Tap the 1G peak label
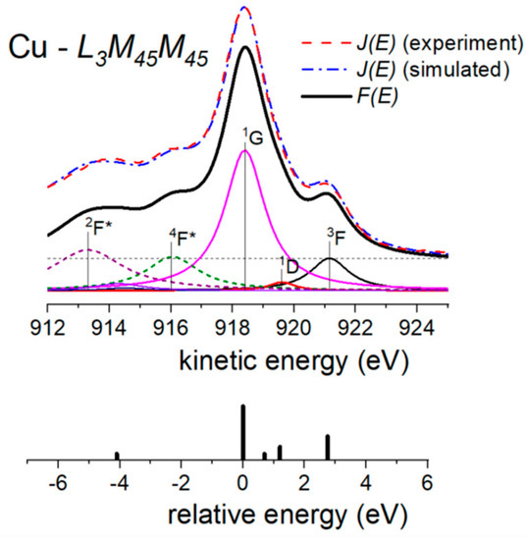click(252, 139)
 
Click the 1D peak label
click(289, 262)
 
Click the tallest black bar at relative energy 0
click(242, 432)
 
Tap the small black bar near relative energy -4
click(117, 456)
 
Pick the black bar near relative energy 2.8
click(328, 447)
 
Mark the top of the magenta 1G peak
click(244, 149)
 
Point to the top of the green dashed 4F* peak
click(173, 258)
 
